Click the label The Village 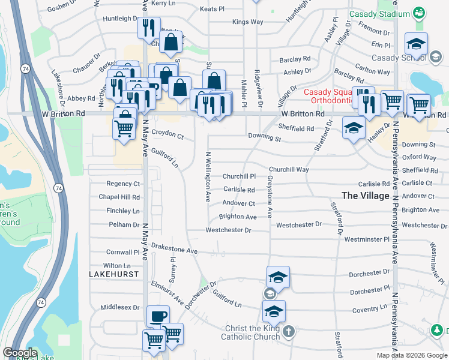coord(366,195)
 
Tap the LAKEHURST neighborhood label coord(113,274)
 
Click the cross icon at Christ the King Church coord(288,331)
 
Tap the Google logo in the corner coord(20,353)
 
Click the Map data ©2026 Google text coord(412,355)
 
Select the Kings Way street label coord(248,22)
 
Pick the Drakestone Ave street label coord(174,248)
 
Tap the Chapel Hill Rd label coord(119,197)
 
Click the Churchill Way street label coord(289,170)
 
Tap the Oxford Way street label coord(419,157)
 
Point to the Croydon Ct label coord(167,136)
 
